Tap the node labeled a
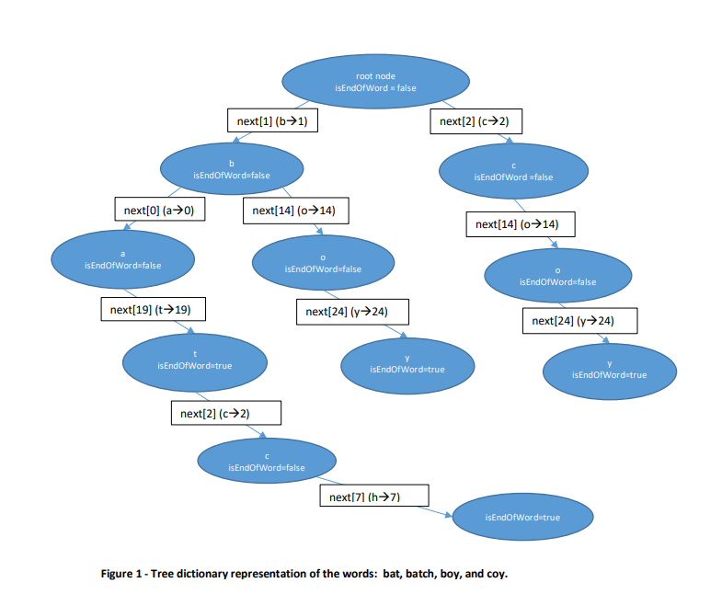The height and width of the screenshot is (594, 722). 122,258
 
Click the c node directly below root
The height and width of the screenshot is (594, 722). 513,170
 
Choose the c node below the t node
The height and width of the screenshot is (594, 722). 267,462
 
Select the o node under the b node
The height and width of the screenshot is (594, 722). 323,263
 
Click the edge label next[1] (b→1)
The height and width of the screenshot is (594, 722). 272,120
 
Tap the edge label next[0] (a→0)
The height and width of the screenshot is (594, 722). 158,211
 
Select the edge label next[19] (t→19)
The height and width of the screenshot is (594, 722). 151,310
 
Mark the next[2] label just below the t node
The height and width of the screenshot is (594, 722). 225,414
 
